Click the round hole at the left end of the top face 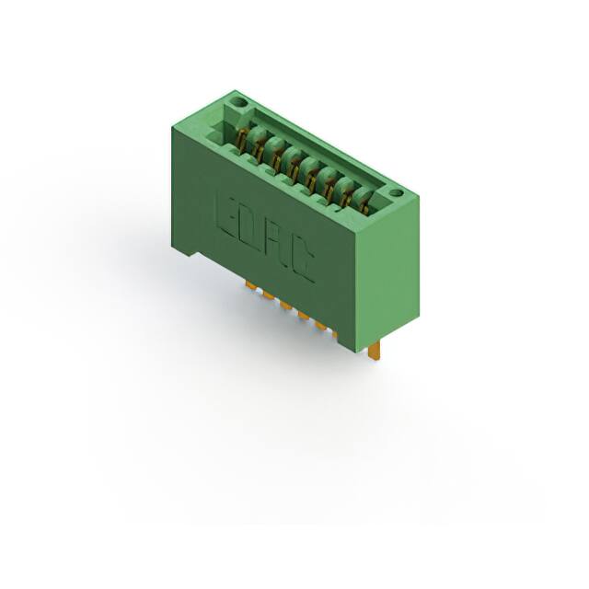click(x=238, y=102)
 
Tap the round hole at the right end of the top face click(x=396, y=193)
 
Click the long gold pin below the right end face click(x=375, y=352)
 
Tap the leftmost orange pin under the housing click(x=250, y=285)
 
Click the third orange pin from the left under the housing click(x=286, y=306)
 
